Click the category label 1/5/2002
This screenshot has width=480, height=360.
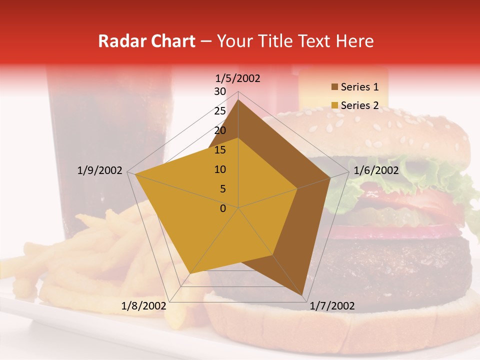tap(238, 78)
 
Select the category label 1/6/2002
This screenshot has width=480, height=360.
tap(376, 170)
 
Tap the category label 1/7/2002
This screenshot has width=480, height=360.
tap(332, 306)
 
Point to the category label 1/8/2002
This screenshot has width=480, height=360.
tap(143, 306)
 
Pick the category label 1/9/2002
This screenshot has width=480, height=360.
tap(99, 170)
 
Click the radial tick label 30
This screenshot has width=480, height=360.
tap(220, 91)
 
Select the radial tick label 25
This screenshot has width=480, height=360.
tap(220, 111)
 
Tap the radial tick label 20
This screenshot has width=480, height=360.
tap(220, 130)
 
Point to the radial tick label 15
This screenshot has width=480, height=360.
tap(220, 150)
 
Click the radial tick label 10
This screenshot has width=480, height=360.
tap(220, 169)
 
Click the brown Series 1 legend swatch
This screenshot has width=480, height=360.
tap(334, 87)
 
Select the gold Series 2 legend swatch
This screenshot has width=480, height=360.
tap(334, 105)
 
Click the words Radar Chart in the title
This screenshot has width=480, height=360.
tap(146, 41)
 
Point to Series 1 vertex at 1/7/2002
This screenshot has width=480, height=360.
tap(303, 296)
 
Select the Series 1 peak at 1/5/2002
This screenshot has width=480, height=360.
tap(238, 99)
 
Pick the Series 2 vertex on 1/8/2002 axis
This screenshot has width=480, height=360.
tap(190, 274)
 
